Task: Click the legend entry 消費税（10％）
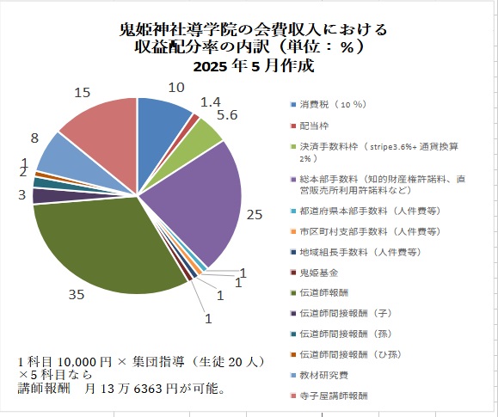pos(331,105)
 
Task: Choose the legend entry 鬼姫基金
pos(320,273)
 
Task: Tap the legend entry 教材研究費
pos(324,375)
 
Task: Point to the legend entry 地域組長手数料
pos(354,252)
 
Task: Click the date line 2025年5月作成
pos(253,66)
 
